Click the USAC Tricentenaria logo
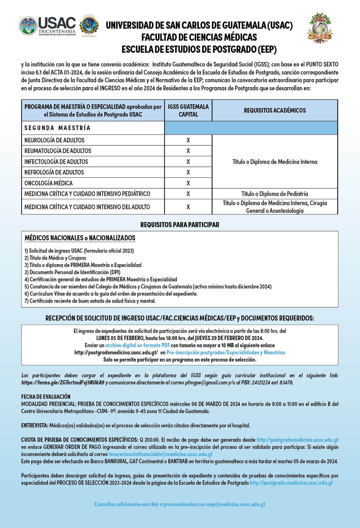(x=48, y=26)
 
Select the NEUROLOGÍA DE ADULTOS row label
(x=54, y=140)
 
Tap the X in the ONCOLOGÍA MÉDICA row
(x=188, y=183)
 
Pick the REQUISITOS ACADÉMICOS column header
(x=275, y=111)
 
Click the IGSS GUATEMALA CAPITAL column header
(x=188, y=111)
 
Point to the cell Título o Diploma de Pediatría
(x=275, y=194)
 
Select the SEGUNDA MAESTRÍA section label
(x=57, y=128)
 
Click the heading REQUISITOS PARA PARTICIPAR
(x=180, y=225)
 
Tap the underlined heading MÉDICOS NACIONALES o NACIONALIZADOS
(x=80, y=238)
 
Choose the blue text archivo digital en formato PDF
(x=137, y=345)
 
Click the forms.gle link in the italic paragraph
(x=63, y=383)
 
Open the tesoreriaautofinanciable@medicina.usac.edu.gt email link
(x=161, y=454)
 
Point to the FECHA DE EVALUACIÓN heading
(x=46, y=397)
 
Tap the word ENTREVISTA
(x=35, y=426)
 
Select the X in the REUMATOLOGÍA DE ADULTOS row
(x=188, y=151)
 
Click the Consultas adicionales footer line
(x=180, y=504)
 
